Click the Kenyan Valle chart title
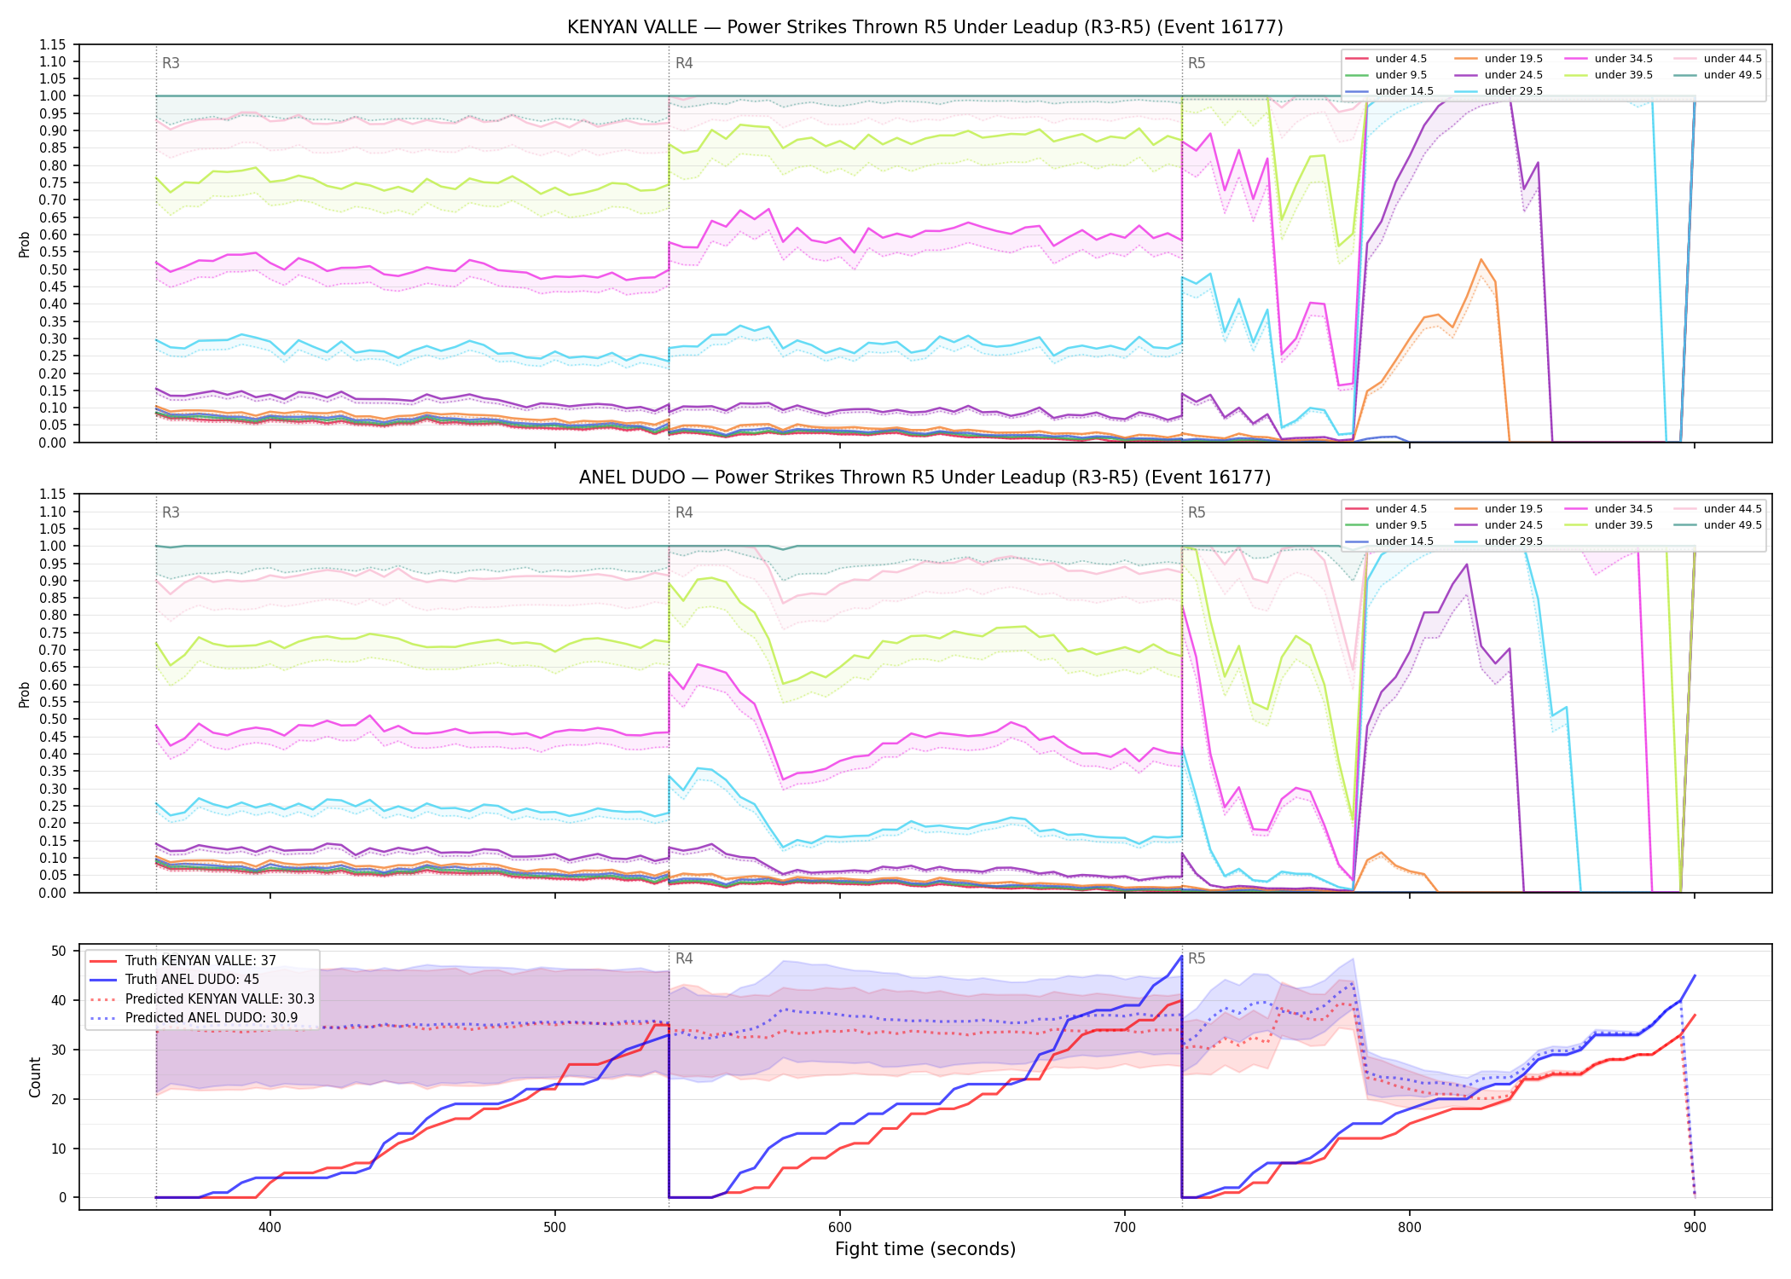tap(924, 27)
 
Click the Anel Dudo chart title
tap(924, 477)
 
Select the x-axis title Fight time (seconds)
tap(925, 1249)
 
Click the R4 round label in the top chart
tap(684, 63)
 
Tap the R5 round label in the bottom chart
tap(1197, 958)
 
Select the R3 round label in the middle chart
tap(171, 512)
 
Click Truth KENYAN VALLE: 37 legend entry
tap(200, 961)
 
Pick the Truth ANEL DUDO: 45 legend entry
tap(192, 980)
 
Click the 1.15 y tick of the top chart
tap(53, 44)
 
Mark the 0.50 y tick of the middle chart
tap(53, 719)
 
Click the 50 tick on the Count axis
tap(59, 951)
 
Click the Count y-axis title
tap(35, 1077)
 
